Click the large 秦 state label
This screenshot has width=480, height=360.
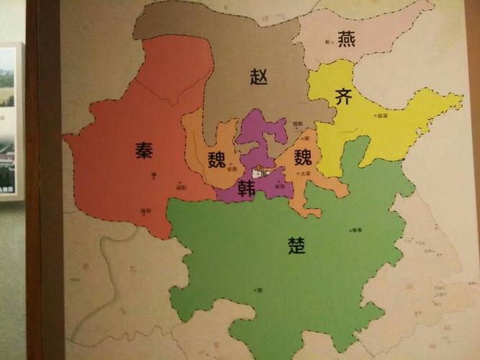coord(143,150)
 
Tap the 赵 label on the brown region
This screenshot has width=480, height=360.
coord(259,76)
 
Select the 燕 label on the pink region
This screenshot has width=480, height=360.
coord(346,40)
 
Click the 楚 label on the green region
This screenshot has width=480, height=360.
coord(296,246)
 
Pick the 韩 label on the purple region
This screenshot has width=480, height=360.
coord(247,189)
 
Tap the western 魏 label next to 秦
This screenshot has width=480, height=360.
coord(217,159)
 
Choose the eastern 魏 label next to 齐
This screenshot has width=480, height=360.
coord(303,156)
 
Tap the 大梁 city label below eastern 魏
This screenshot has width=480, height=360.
coord(304,173)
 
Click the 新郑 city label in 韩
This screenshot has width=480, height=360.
coord(280,186)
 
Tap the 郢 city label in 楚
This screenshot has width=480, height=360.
coord(259,289)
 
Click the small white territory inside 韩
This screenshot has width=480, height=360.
coord(260,174)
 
